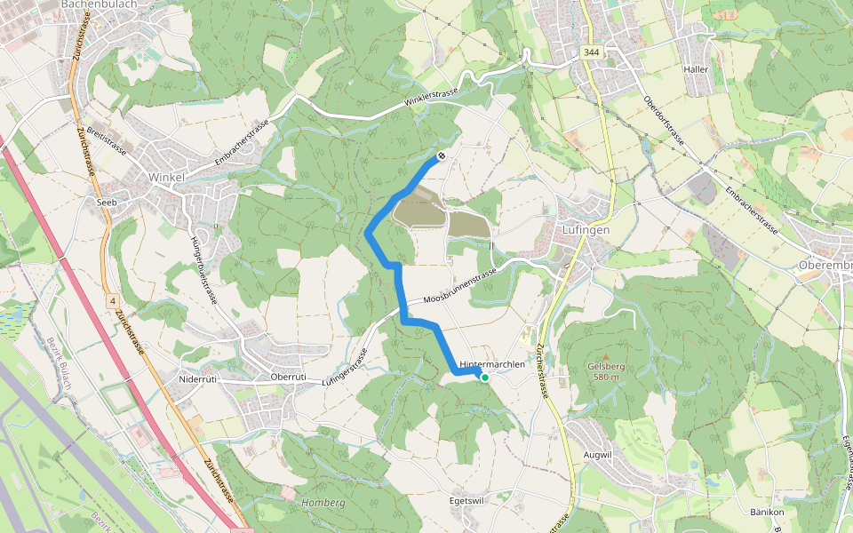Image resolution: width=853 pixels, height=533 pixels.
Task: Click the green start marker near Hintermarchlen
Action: (x=485, y=377)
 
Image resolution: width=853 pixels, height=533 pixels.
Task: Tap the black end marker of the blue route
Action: (x=441, y=157)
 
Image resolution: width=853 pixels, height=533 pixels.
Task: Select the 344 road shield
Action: (x=591, y=53)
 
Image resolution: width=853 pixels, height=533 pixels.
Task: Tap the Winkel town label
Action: (x=166, y=177)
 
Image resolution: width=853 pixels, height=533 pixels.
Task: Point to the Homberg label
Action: (x=323, y=502)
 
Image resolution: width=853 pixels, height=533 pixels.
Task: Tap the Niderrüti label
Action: (x=198, y=378)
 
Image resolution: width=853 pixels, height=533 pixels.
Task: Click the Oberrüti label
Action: (x=288, y=377)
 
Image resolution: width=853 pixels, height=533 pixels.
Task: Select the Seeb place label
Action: (x=107, y=202)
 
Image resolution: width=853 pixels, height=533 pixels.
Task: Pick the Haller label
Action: (x=695, y=69)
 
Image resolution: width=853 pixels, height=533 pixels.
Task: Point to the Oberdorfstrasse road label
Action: (x=663, y=123)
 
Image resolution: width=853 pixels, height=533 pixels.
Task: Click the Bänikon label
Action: (x=766, y=513)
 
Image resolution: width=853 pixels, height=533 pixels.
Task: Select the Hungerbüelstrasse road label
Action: (x=203, y=267)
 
